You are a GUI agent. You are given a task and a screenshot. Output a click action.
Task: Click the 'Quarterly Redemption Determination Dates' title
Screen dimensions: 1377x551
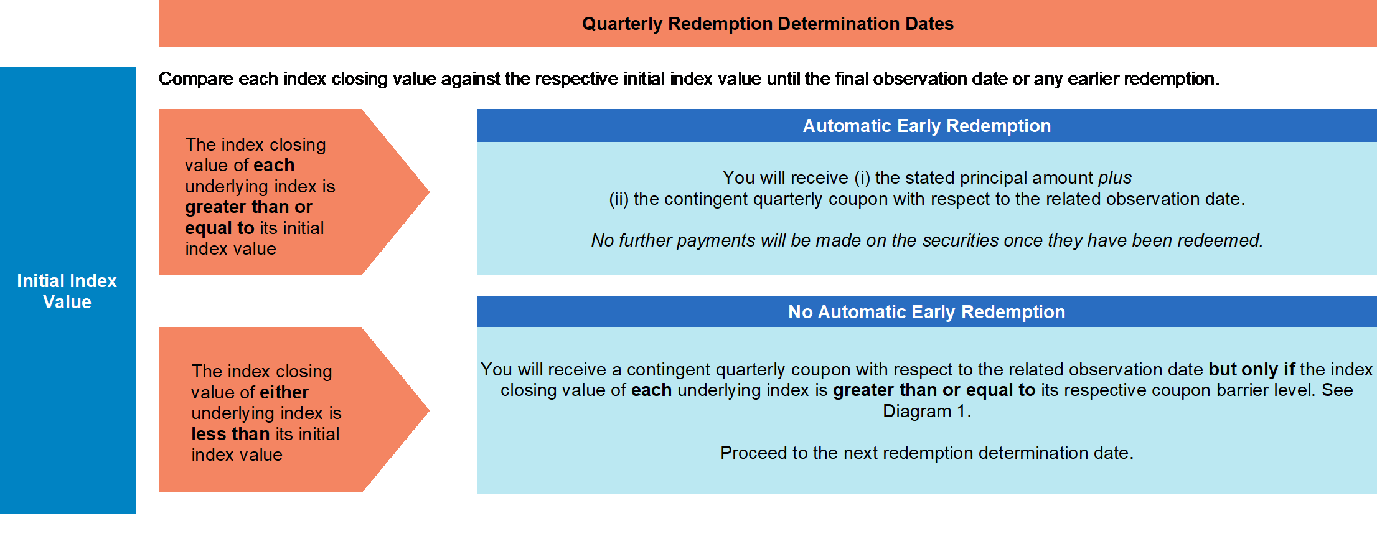[768, 24]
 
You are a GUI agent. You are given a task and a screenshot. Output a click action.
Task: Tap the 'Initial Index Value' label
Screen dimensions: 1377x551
[67, 291]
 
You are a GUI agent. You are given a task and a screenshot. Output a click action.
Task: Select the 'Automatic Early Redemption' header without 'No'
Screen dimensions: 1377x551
[926, 126]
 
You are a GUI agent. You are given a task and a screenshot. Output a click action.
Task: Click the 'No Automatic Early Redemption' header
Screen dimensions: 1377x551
[926, 312]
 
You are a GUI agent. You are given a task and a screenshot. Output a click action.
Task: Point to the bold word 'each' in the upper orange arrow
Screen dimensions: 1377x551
[274, 165]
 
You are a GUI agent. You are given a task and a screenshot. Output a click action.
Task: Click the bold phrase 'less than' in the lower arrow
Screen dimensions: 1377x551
[230, 434]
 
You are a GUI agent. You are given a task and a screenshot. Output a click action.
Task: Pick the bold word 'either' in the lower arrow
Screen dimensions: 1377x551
[284, 392]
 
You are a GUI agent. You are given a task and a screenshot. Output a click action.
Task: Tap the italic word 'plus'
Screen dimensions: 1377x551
[1115, 178]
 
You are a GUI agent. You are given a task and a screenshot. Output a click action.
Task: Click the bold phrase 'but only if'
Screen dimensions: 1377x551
[1252, 369]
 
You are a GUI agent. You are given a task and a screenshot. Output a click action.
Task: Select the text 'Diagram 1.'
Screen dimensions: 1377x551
[927, 411]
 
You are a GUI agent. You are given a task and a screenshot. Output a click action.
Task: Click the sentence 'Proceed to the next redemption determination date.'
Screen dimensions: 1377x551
[927, 453]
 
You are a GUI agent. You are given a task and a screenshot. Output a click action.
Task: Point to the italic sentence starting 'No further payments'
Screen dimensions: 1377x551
[927, 240]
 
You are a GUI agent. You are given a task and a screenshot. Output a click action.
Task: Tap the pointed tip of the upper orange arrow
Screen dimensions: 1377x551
[429, 192]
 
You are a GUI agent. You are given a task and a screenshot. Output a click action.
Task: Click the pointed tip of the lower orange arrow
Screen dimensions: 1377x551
[429, 410]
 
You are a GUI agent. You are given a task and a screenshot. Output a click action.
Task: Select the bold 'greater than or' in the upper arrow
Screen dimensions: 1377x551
[248, 207]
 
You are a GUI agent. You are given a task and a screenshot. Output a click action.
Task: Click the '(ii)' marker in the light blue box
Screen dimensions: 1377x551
[619, 199]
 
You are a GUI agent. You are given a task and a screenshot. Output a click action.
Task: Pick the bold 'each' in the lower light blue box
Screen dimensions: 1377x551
[651, 390]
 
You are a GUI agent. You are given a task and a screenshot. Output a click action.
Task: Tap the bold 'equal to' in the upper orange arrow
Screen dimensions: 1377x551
[220, 228]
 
